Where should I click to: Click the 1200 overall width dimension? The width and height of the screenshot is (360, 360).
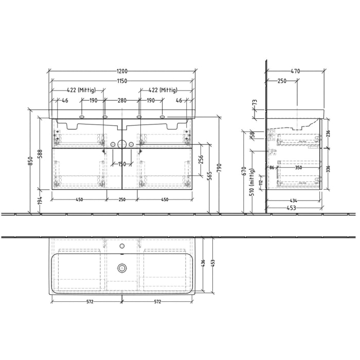[x=122, y=71]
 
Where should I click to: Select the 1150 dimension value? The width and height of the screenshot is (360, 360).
[x=122, y=81]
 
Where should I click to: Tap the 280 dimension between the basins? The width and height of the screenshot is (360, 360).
[x=122, y=101]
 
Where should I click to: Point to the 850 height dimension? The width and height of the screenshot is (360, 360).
[x=31, y=161]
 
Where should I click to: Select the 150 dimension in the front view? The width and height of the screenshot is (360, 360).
[x=122, y=164]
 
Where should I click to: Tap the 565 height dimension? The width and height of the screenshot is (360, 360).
[x=210, y=176]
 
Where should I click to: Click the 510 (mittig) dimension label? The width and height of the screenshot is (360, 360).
[x=251, y=183]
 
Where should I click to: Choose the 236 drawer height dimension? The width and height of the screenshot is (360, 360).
[x=328, y=133]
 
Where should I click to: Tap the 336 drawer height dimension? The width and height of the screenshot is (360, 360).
[x=328, y=168]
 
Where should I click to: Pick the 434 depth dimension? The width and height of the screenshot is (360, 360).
[x=293, y=200]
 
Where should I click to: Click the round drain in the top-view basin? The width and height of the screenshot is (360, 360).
[x=122, y=267]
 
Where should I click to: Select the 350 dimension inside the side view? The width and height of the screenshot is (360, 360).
[x=298, y=168]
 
